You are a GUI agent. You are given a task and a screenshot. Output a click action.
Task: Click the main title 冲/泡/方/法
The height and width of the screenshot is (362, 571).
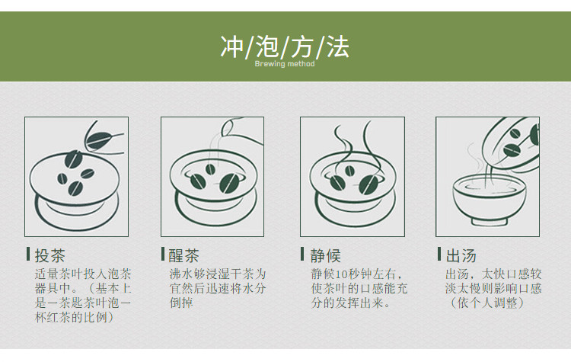coord(285,46)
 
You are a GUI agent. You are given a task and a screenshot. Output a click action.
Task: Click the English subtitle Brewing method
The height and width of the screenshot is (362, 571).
coord(285,64)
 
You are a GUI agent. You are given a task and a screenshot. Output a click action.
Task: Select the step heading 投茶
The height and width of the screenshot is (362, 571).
coord(50,255)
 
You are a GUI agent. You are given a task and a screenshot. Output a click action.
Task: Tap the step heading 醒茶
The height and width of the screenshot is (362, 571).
coord(184,255)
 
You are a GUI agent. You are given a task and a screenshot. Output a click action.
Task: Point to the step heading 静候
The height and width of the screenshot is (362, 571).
coord(326,255)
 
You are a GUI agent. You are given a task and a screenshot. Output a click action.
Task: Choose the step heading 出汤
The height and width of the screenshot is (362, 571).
coord(461,255)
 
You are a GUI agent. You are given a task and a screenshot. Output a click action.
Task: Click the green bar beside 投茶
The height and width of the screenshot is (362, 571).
coord(28,254)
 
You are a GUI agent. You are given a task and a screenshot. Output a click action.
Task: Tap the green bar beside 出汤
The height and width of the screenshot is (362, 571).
coord(439,254)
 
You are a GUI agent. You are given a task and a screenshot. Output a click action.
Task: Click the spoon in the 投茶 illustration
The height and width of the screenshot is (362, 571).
coord(104,139)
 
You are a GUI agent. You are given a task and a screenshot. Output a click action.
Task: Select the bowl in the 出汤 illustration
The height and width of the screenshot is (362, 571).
coord(490,200)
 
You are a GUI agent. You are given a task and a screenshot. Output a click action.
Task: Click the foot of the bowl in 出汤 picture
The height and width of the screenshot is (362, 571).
coord(490,221)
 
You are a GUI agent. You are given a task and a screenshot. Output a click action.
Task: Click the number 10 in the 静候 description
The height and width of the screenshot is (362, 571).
coord(342,274)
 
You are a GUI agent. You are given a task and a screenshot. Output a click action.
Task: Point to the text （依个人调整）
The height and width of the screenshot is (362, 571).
coord(486,303)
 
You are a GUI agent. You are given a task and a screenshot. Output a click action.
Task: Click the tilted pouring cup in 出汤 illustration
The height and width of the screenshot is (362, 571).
coord(513,143)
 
